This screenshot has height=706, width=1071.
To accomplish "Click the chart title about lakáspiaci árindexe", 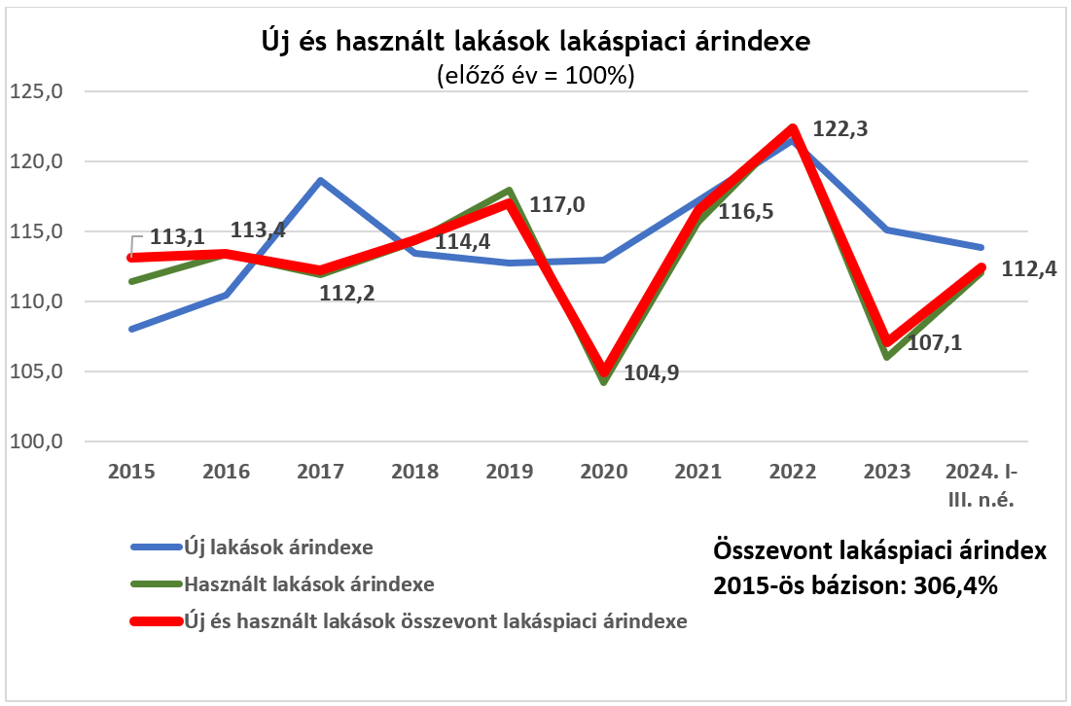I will click(x=535, y=42).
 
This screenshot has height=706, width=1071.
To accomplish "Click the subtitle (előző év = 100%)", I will click(x=536, y=76).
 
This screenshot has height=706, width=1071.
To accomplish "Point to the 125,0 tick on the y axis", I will click(x=36, y=91).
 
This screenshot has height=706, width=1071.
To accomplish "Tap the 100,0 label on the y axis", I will click(x=36, y=441).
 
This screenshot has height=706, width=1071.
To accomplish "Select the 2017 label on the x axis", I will click(x=320, y=473).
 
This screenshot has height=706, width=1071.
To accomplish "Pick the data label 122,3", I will click(x=842, y=129).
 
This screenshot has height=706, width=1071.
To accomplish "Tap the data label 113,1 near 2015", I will click(x=176, y=238).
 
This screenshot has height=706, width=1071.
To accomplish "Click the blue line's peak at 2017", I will click(x=320, y=181).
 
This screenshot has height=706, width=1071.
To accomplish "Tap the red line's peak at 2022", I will click(x=793, y=129).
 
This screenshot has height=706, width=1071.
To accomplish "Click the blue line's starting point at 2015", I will click(x=131, y=329).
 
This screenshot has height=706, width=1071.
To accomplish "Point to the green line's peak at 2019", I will click(x=509, y=191).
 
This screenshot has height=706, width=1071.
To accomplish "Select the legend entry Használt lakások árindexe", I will click(x=308, y=584).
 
